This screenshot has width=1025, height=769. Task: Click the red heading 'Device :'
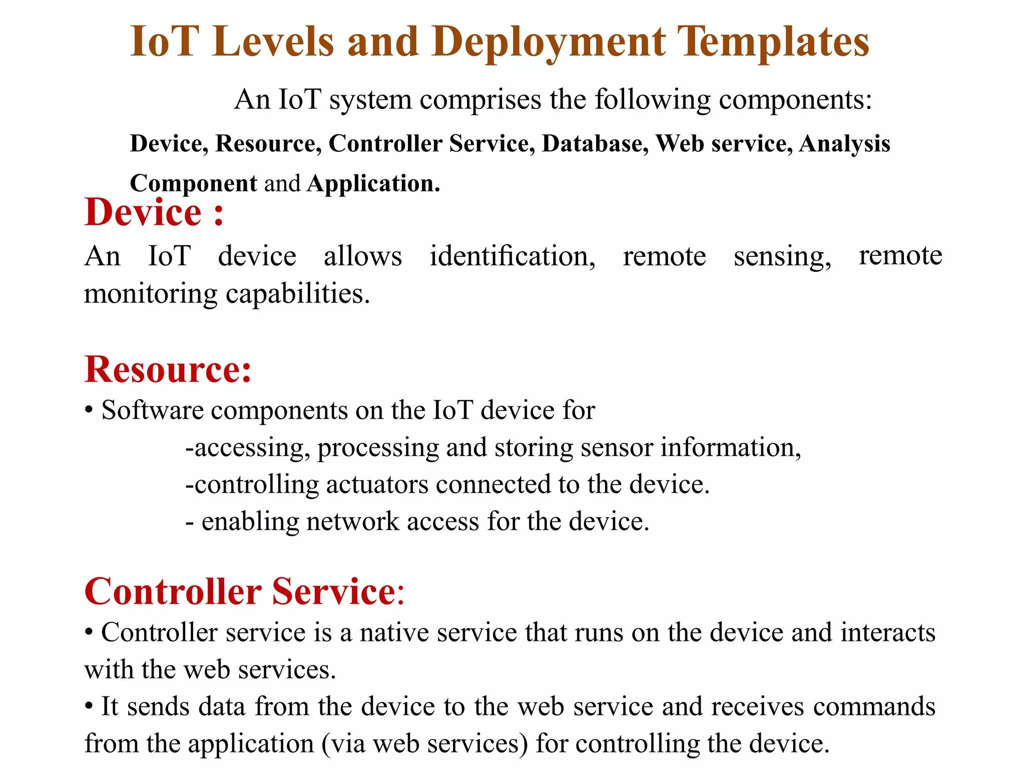point(154,212)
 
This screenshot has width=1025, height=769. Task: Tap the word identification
point(512,256)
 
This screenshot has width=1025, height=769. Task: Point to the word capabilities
point(297,294)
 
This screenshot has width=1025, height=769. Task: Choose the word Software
point(152,411)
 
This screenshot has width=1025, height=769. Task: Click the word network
point(352,522)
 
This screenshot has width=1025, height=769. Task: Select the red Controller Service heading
point(244,592)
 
